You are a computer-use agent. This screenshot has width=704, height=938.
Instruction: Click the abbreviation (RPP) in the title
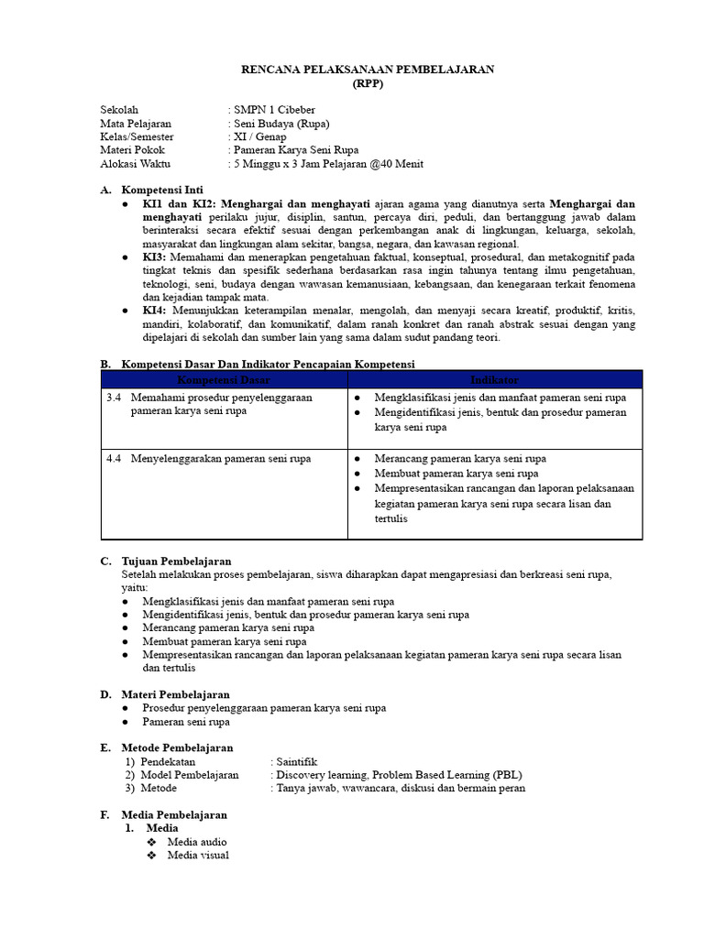[368, 83]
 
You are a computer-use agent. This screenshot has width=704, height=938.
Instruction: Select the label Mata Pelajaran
[136, 124]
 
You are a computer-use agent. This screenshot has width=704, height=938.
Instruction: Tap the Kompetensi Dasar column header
[224, 379]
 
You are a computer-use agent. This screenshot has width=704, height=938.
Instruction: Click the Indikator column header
[494, 379]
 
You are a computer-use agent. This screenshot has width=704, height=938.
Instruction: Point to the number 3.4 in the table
[114, 398]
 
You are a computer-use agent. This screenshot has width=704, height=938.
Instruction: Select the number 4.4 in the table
[114, 458]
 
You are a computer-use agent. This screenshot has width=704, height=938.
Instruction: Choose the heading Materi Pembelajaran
[175, 694]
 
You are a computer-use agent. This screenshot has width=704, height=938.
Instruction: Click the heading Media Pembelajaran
[174, 814]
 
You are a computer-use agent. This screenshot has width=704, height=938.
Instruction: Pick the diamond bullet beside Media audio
[152, 842]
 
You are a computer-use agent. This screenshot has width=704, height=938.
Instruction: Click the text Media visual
[198, 856]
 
